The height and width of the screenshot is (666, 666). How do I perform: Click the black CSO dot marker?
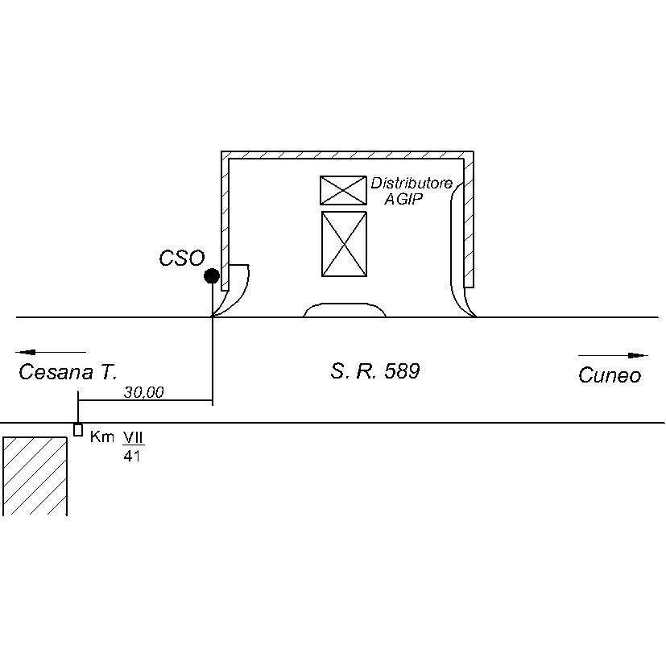point(212,276)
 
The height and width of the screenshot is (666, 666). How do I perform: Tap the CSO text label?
point(182,258)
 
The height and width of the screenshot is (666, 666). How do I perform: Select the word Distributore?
point(412,183)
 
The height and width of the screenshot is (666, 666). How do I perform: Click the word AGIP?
point(404,199)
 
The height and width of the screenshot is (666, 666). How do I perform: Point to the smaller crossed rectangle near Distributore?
point(343,190)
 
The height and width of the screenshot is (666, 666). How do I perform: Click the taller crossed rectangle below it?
point(344,244)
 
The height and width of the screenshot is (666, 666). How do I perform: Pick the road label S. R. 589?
point(375,370)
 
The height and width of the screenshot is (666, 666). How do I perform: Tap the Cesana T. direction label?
point(68,372)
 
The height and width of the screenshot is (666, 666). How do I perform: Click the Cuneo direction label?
point(610,375)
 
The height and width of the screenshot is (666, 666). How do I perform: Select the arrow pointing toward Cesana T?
point(51,352)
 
